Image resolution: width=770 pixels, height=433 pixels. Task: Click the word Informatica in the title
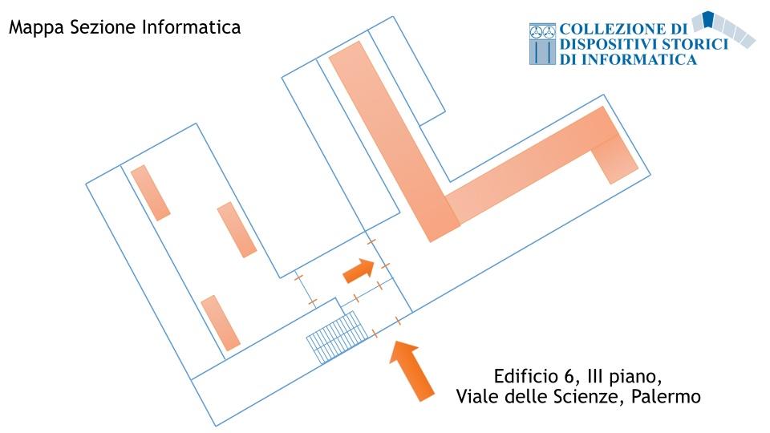click(x=193, y=27)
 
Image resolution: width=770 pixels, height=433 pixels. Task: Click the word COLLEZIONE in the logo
click(x=614, y=30)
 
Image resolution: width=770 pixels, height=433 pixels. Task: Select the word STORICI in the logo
click(x=697, y=44)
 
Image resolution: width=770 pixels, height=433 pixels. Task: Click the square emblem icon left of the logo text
click(x=542, y=44)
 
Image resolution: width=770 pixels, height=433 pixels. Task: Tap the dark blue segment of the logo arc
click(x=707, y=21)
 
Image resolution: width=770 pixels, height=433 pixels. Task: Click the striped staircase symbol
click(x=334, y=338)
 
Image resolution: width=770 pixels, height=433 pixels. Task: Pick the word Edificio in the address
click(x=525, y=376)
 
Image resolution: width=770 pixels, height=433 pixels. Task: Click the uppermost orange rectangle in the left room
click(x=150, y=192)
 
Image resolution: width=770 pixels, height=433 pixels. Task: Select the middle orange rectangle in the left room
click(x=237, y=229)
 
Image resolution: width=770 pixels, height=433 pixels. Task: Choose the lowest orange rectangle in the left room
click(x=221, y=323)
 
